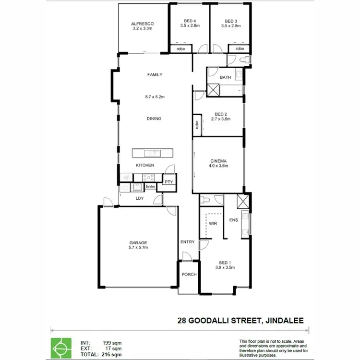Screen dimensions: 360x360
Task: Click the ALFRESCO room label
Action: [x=142, y=24]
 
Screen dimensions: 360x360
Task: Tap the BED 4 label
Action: [x=190, y=21]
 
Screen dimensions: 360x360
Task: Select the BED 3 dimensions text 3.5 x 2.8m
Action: [x=230, y=26]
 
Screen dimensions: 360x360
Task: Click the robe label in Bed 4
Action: [x=181, y=49]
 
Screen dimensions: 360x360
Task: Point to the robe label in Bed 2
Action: [x=197, y=124]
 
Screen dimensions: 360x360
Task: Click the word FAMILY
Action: [x=155, y=74]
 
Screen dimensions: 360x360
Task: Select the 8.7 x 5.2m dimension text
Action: [x=155, y=97]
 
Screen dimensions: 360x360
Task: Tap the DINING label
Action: [x=155, y=119]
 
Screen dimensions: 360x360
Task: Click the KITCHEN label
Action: [x=145, y=165]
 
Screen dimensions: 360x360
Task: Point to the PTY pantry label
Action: [x=168, y=182]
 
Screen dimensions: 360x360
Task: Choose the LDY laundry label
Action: [x=139, y=198]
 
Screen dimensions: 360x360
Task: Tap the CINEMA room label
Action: [x=218, y=161]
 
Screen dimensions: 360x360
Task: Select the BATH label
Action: [x=225, y=77]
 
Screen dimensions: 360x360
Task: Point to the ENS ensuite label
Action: [x=233, y=220]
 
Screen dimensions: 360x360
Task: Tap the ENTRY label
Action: [x=187, y=242]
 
